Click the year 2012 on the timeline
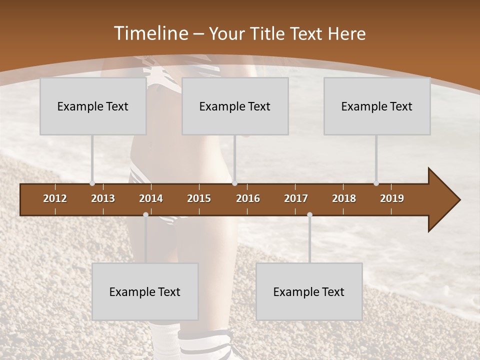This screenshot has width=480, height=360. [x=55, y=198]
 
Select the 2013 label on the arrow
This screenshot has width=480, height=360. [x=103, y=198]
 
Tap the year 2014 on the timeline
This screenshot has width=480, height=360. [x=151, y=198]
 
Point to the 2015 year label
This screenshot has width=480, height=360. [x=199, y=198]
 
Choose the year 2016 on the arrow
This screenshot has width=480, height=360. [x=248, y=198]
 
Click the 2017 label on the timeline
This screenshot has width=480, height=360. [x=296, y=198]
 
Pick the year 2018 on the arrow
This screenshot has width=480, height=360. [x=344, y=198]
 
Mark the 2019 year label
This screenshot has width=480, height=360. [x=392, y=198]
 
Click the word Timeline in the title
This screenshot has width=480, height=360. [x=150, y=33]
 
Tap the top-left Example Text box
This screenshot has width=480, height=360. [x=93, y=106]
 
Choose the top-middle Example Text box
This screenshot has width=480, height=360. [x=235, y=106]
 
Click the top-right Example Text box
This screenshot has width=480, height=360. [x=377, y=106]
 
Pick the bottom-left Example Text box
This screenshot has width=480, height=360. [x=145, y=291]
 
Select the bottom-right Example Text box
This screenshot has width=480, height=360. [x=309, y=291]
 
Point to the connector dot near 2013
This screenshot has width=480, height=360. [x=92, y=183]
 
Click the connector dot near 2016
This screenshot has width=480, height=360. [x=234, y=183]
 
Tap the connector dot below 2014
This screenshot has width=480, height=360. [x=145, y=214]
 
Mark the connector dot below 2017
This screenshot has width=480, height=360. [x=309, y=214]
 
